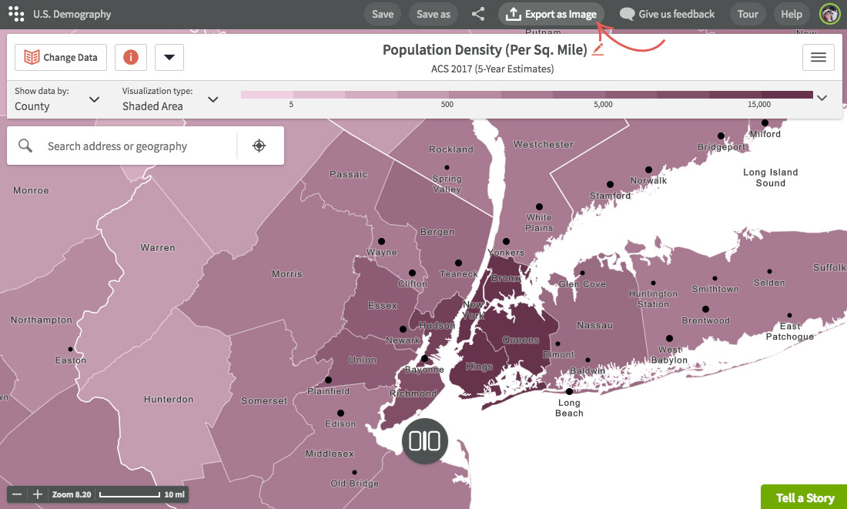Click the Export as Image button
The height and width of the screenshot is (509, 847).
coord(552,14)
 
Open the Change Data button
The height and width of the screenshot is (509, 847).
coord(61,57)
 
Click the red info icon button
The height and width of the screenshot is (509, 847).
coord(131,57)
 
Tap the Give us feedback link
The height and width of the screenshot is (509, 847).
coord(667,14)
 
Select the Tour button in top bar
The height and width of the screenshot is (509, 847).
coord(748,14)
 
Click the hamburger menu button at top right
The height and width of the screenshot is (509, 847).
coord(819,57)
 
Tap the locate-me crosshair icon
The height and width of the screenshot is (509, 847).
coord(259,146)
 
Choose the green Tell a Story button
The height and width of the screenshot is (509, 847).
coord(805,497)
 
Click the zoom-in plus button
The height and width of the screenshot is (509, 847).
coord(38,494)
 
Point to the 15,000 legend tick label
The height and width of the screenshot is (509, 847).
coord(758,104)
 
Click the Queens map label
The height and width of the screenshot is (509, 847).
coord(521,340)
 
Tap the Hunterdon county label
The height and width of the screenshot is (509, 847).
coord(169,400)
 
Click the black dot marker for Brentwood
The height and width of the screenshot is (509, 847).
coord(705,310)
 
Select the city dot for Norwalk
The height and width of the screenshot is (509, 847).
coord(648,169)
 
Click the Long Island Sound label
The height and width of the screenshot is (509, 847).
coord(770,178)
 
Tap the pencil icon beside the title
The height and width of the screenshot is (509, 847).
coord(598,50)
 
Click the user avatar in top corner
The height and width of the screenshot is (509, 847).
coord(829,14)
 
